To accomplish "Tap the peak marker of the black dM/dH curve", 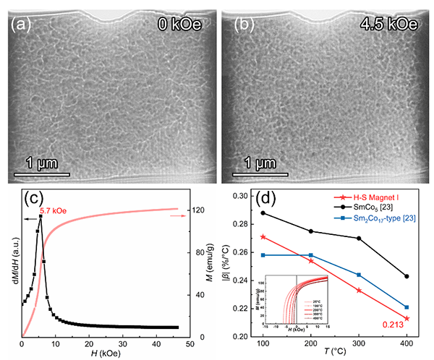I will pos(41,216).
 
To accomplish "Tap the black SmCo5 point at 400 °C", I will pos(407,276).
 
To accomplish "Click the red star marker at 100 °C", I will pos(263,236).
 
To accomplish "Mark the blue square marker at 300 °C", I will pos(359,275).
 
